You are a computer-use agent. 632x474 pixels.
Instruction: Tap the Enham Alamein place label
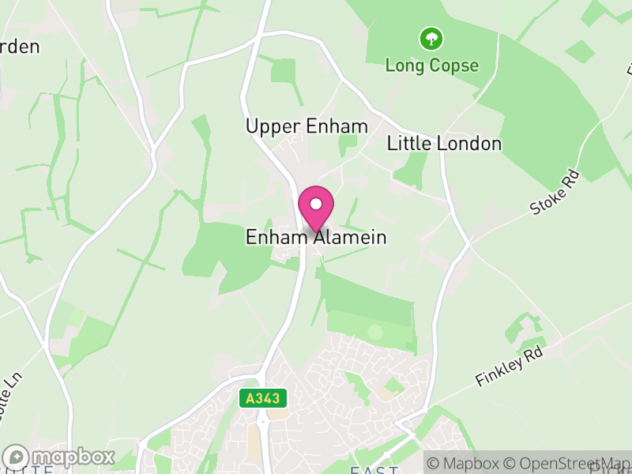tap(316, 237)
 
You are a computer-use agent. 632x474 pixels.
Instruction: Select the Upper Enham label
tap(307, 126)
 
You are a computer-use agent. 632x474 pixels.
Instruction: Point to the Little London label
tap(444, 143)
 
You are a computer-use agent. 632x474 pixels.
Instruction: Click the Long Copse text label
tap(431, 65)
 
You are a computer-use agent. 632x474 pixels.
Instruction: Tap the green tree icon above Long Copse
tap(431, 38)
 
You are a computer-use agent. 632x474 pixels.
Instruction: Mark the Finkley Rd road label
tap(511, 367)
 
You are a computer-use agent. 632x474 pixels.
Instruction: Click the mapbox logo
tap(59, 457)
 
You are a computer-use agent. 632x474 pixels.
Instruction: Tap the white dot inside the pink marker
tap(316, 204)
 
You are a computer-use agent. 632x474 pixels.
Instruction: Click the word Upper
tap(269, 126)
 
